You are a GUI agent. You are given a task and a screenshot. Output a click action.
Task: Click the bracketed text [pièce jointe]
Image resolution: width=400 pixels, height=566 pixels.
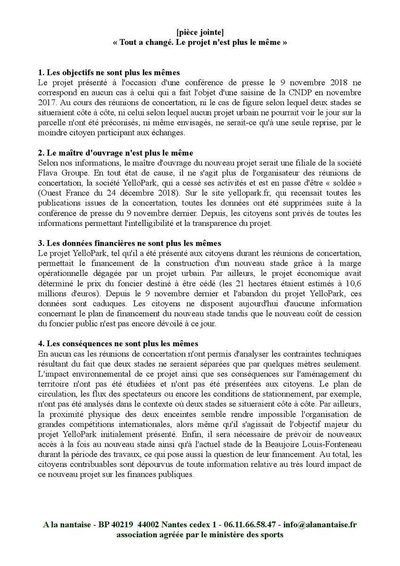(x=200, y=33)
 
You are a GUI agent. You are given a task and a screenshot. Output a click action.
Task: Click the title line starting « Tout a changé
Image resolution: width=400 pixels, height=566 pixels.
(x=200, y=42)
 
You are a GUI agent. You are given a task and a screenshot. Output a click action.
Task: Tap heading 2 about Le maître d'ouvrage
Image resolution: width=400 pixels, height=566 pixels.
(x=115, y=153)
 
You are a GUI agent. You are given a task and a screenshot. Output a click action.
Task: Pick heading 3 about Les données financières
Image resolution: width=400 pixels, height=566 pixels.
(x=129, y=243)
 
